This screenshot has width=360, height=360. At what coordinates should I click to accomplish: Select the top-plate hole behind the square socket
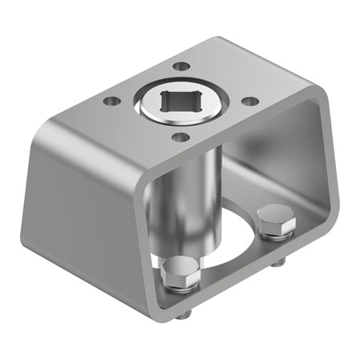point(182,66)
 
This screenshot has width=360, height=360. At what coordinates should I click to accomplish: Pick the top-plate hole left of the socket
point(110,102)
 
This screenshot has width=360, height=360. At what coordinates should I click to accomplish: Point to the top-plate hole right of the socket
point(250,102)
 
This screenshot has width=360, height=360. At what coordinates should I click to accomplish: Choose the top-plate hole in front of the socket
point(182,137)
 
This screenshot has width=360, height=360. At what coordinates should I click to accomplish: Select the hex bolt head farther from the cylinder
point(275,217)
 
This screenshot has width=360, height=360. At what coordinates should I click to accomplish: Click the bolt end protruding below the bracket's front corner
point(184,314)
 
